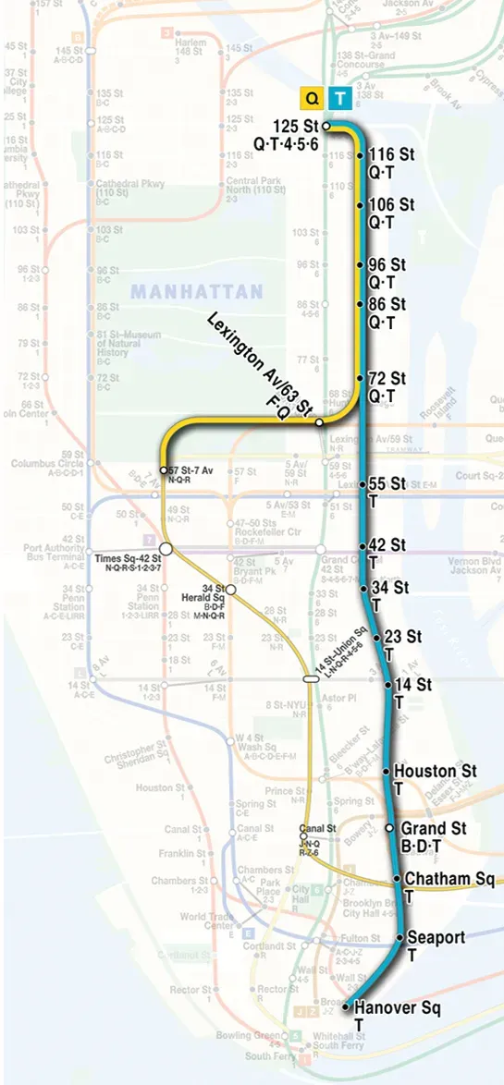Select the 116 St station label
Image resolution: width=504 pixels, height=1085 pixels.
tap(387, 163)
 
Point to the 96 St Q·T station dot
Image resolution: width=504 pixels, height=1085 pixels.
tap(361, 265)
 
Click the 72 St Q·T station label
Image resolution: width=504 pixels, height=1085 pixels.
tap(387, 387)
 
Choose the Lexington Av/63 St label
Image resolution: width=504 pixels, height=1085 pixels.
tap(261, 366)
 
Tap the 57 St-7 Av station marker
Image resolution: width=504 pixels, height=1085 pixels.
tap(164, 470)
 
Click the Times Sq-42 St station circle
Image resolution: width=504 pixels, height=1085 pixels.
tap(166, 549)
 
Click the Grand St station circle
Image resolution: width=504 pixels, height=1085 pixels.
tap(389, 827)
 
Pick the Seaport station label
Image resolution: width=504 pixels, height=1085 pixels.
tap(436, 945)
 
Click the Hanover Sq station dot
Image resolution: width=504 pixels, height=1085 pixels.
tap(344, 1007)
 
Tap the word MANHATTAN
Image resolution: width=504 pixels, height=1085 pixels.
tap(197, 292)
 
